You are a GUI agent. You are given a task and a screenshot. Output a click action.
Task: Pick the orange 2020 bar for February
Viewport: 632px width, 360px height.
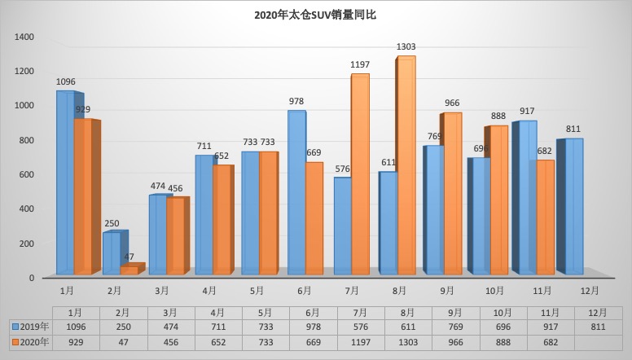[129, 270]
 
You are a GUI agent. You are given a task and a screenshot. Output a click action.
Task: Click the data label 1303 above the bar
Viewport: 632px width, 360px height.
[406, 47]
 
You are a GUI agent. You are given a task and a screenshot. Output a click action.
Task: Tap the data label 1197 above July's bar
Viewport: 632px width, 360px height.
[359, 64]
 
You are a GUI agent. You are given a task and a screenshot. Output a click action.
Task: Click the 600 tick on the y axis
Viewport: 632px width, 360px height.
[27, 174]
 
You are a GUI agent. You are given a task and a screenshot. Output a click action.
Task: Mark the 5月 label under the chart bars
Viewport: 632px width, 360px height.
[255, 290]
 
